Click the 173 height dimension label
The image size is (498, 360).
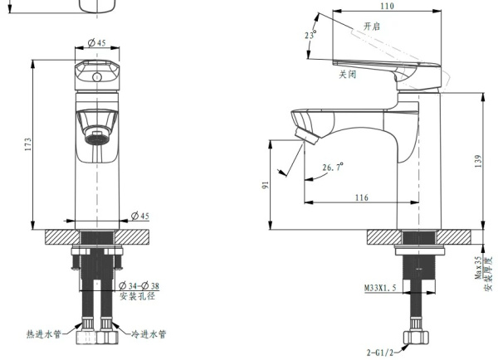coord(28,144)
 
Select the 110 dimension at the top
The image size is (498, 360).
coord(387,6)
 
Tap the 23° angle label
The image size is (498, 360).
coord(310,34)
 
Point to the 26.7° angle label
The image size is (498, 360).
coord(333,167)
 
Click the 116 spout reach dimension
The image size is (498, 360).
coord(361,197)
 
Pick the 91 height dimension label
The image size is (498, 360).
coord(266,185)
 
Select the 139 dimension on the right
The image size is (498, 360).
coord(479,161)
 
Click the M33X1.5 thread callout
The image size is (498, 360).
coord(380,288)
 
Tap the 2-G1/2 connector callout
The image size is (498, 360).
coord(380,353)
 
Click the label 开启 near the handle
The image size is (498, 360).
coord(372,26)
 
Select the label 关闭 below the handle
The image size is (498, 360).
coord(348,75)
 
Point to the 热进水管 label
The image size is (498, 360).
coord(43,334)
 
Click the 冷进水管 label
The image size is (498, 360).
coord(149,334)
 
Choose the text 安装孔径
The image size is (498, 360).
coord(138,296)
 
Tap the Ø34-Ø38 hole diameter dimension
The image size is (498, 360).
coord(139,285)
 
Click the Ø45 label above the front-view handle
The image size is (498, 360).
coord(97,42)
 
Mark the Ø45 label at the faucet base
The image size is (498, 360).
coord(140,216)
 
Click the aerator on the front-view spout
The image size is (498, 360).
coord(96,138)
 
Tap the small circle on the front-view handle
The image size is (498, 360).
coord(96,77)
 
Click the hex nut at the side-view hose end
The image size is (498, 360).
coord(416,338)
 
